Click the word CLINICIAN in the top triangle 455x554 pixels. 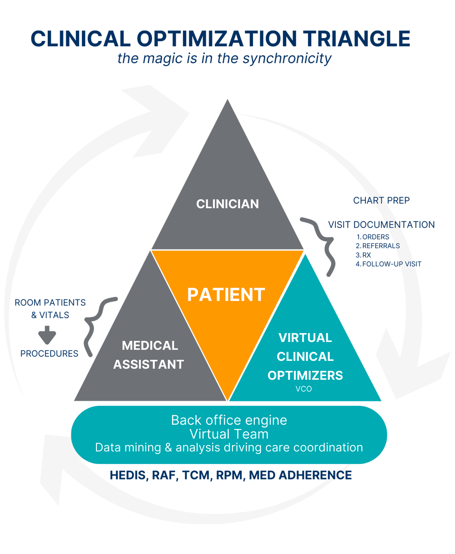(x=227, y=204)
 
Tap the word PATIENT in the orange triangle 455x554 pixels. (x=226, y=295)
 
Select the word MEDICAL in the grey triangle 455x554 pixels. (x=150, y=345)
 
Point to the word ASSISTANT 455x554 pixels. (x=148, y=364)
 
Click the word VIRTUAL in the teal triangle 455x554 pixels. (x=305, y=338)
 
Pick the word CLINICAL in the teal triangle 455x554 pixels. (x=305, y=357)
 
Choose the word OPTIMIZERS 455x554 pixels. (x=305, y=376)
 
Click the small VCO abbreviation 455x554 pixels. (x=303, y=389)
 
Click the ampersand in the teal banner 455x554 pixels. (x=168, y=448)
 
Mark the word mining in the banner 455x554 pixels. (x=145, y=448)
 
